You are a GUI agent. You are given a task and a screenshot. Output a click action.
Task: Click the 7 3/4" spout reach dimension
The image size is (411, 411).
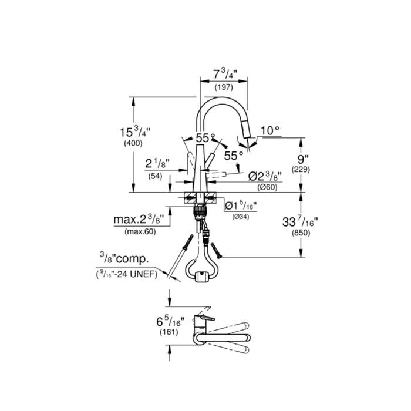(225, 74)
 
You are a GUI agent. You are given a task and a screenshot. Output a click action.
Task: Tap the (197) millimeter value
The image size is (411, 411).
(224, 87)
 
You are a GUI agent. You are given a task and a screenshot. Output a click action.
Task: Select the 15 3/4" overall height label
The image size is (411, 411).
(135, 132)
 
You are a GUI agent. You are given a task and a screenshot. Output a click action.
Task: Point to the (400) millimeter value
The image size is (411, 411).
(133, 143)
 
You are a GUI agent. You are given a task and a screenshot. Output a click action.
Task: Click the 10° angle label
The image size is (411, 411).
(270, 130)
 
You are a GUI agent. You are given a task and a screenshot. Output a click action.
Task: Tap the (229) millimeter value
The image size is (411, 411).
(301, 170)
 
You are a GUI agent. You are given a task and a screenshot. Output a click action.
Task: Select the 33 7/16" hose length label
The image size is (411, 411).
(300, 222)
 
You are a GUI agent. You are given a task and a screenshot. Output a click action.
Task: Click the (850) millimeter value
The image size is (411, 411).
(301, 233)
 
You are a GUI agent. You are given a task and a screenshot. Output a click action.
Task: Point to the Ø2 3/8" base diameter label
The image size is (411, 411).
(265, 177)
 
